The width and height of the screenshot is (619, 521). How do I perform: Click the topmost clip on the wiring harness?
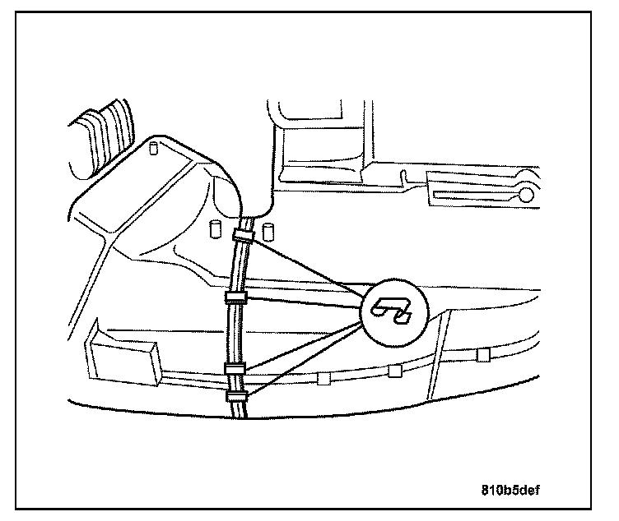[x=244, y=237]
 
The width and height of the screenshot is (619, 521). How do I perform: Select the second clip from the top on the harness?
[x=235, y=296]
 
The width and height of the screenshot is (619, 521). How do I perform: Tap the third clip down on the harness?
[x=235, y=368]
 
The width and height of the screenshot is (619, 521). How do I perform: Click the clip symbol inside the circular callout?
[x=392, y=309]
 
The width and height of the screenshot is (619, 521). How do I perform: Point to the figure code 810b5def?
[x=510, y=491]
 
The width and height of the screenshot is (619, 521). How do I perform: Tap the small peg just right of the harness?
[x=268, y=228]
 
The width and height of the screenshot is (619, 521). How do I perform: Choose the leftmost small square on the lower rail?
[x=323, y=380]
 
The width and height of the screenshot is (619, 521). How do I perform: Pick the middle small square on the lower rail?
[x=395, y=370]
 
